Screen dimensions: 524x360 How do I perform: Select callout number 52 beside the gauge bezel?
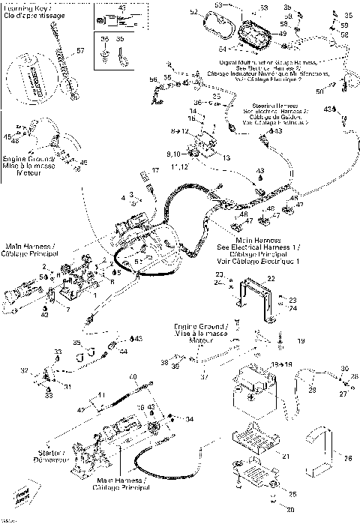click(x=193, y=12)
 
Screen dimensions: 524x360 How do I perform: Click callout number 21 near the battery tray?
click(x=285, y=456)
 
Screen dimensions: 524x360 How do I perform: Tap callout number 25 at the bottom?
click(x=293, y=494)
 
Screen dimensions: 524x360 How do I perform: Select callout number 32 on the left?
click(x=24, y=370)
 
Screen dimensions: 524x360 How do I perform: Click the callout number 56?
click(x=153, y=79)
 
